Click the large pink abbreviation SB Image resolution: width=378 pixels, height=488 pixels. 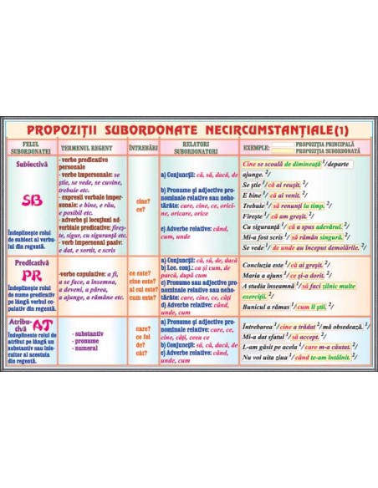(x=31, y=200)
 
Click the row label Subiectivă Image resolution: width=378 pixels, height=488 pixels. (x=31, y=165)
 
